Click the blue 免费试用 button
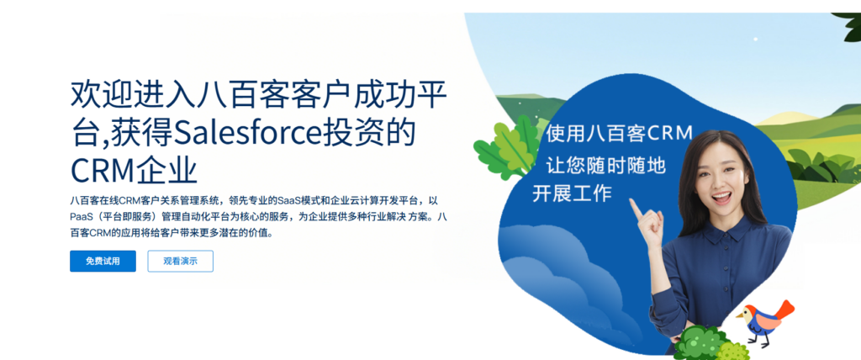click(x=103, y=261)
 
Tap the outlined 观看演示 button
click(x=180, y=261)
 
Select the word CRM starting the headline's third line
click(x=102, y=169)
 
